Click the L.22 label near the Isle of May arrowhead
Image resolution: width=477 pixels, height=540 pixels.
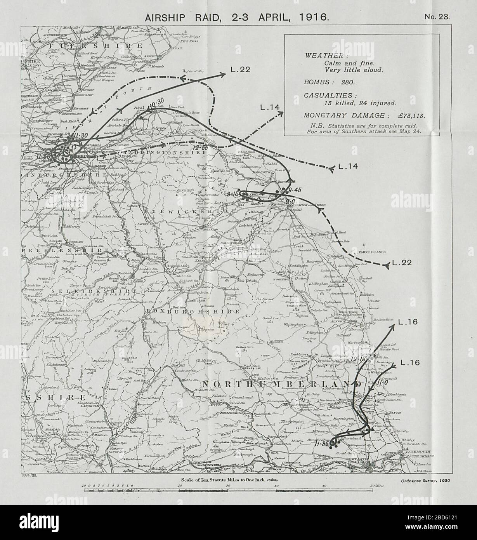tap(242, 70)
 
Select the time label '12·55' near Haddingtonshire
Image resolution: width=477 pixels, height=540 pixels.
tap(199, 148)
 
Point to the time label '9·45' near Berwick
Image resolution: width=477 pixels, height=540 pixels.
tap(290, 190)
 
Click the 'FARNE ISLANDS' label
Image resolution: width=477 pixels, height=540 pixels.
tap(372, 252)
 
